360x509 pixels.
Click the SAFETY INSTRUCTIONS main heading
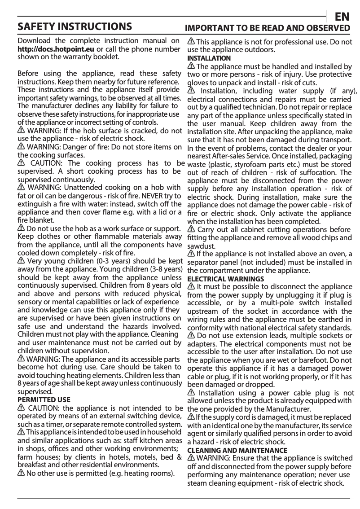coord(74,26)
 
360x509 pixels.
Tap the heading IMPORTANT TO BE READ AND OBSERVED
coord(268,28)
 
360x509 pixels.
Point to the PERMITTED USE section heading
coord(44,399)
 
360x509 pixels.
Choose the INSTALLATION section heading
coord(209,58)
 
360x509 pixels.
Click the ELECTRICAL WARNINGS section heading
coord(225,279)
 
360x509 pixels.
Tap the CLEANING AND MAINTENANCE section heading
coord(237,450)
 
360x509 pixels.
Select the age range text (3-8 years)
coord(163,269)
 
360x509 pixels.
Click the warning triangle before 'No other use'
coord(21,474)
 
